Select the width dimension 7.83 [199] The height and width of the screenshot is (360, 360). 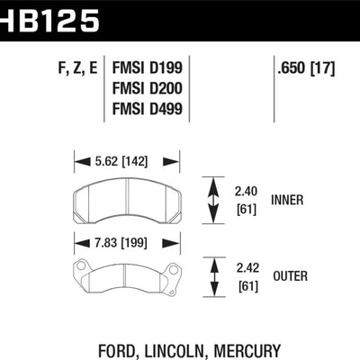[126, 240]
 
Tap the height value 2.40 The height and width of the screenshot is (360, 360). [246, 191]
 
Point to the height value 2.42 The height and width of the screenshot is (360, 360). [246, 267]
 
